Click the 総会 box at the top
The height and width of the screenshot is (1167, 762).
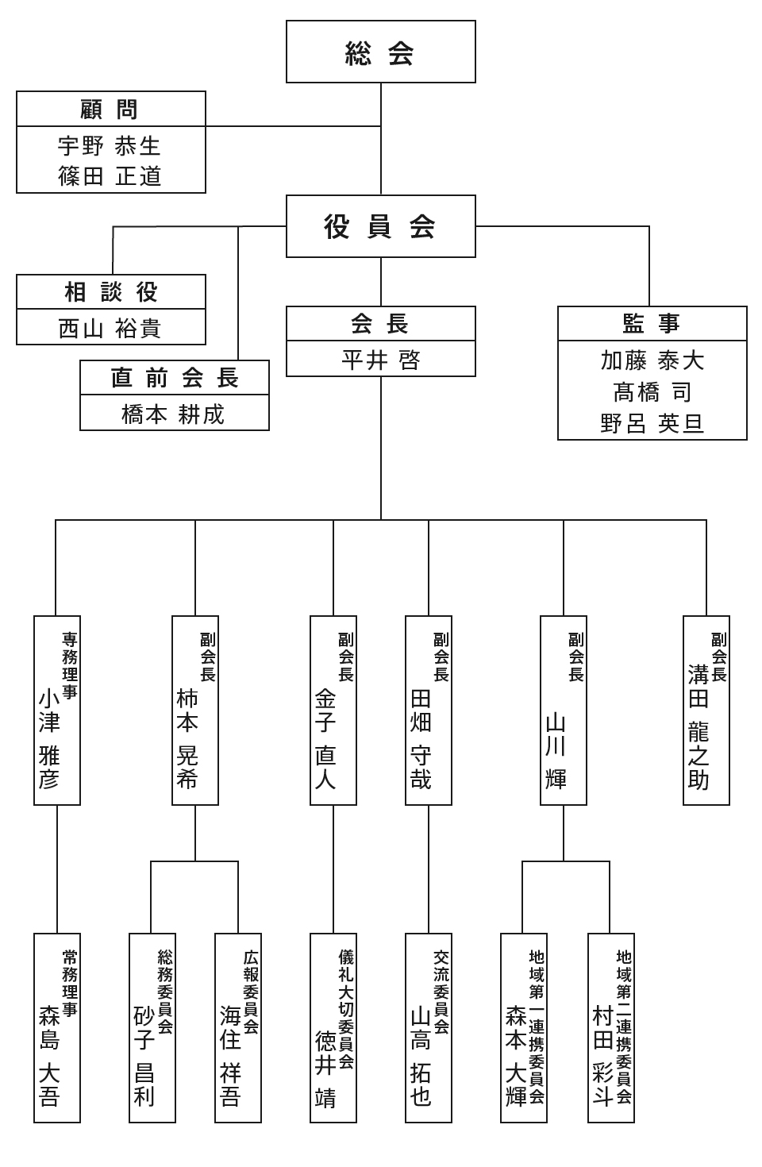[380, 52]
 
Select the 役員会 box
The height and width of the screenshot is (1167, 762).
[380, 226]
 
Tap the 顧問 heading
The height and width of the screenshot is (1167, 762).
[110, 109]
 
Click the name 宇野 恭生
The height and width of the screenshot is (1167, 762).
[110, 146]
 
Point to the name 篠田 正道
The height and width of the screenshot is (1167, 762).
[110, 176]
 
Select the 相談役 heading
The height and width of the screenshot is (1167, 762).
[110, 292]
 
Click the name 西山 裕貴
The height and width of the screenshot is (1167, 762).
[110, 328]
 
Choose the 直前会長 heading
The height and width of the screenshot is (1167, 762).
[174, 378]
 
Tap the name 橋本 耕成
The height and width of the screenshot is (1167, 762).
[174, 414]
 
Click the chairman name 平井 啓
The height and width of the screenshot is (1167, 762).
[380, 360]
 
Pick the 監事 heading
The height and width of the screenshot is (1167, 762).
[652, 324]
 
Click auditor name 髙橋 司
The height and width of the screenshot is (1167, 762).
[652, 392]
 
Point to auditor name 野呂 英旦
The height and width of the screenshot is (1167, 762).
[652, 423]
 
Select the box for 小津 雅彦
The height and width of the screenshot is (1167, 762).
[57, 711]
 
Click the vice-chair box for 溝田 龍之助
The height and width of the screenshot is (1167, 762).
[706, 711]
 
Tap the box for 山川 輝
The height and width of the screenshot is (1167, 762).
[563, 711]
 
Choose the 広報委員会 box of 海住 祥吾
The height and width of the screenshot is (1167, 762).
[238, 1027]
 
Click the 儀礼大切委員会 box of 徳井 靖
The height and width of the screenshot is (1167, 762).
[333, 1027]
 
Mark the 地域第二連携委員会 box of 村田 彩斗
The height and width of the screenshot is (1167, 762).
[610, 1027]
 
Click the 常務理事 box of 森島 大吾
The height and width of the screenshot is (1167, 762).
[57, 1027]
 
